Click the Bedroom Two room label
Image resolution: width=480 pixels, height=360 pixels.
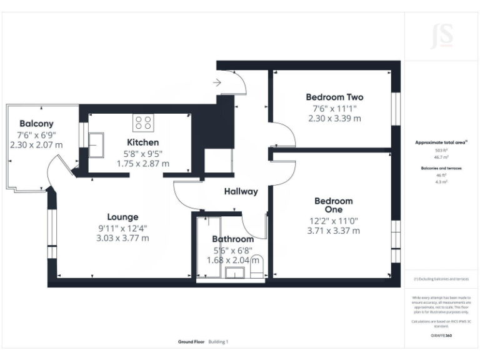coord(334,97)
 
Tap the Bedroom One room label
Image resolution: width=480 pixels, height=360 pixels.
coord(333,205)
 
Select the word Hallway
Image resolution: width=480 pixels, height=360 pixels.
coord(241,192)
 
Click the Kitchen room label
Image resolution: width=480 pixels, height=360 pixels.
coord(142,142)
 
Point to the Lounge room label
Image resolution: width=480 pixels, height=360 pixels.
coord(122,217)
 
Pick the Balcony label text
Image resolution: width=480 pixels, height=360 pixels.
coord(36,124)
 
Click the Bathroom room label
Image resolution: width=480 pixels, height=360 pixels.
coord(232,239)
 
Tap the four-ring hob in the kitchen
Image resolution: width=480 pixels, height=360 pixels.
coord(142,121)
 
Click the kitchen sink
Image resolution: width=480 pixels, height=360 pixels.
coord(96,145)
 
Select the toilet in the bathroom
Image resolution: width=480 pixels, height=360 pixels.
coord(257,267)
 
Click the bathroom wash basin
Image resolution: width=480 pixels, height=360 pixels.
coord(235,272)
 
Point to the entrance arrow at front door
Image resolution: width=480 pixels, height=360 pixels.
coord(217,82)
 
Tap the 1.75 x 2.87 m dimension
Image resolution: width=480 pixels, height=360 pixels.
coord(142,164)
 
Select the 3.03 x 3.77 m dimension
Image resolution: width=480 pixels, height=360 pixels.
coord(122,237)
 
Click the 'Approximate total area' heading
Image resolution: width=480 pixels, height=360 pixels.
coord(441,143)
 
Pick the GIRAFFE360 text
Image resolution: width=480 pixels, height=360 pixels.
coord(441,336)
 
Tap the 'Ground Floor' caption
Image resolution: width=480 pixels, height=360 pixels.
coord(192,342)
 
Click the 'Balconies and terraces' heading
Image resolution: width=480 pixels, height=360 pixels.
coord(441,169)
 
